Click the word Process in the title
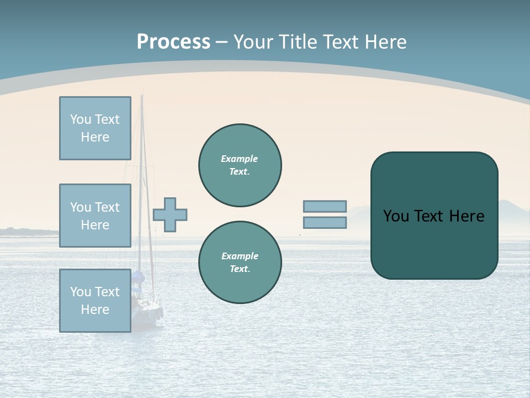(173, 42)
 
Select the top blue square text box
(95, 128)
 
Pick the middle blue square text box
(95, 216)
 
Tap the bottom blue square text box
(95, 301)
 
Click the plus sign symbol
(170, 214)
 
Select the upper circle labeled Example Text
(240, 165)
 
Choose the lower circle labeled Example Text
(240, 263)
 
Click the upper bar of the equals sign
(325, 206)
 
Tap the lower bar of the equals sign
(325, 223)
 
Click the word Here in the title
(386, 42)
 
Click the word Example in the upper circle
(240, 159)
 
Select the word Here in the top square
(95, 137)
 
